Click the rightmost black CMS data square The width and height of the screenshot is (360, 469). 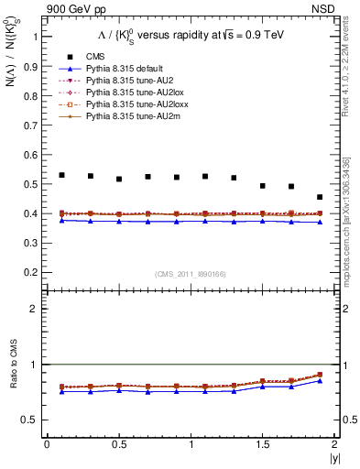tap(320, 197)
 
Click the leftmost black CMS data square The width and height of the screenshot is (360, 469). tap(61, 175)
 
